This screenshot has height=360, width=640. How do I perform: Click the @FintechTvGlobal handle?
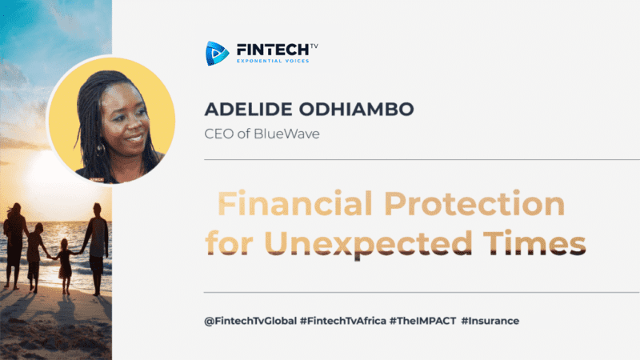[250, 321]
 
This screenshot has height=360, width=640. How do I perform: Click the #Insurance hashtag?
[490, 321]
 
